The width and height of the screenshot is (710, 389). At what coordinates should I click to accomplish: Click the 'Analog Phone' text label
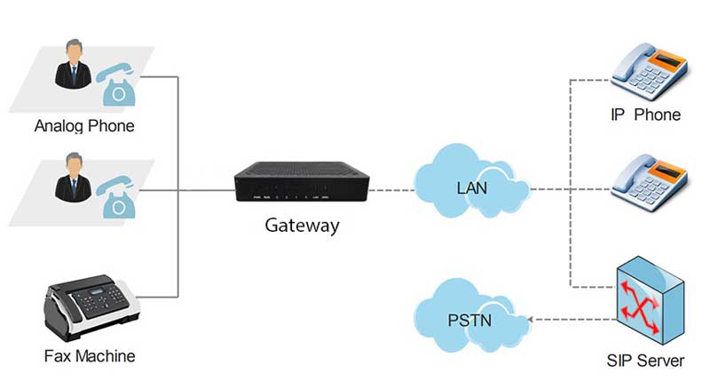click(84, 125)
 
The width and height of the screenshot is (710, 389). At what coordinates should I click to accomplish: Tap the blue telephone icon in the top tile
click(117, 83)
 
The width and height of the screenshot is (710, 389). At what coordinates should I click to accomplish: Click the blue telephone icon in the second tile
click(117, 194)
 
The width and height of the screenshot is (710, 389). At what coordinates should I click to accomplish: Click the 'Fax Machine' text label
click(90, 356)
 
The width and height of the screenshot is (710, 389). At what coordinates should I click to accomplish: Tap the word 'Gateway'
click(302, 225)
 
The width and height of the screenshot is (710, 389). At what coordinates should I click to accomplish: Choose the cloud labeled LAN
click(471, 187)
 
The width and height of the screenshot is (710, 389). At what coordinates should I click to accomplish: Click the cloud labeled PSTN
click(471, 318)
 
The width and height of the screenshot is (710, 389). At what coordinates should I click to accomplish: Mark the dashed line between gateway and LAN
click(390, 189)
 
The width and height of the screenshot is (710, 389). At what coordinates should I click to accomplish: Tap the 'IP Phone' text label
click(645, 115)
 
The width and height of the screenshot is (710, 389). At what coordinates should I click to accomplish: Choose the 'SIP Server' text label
click(647, 361)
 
